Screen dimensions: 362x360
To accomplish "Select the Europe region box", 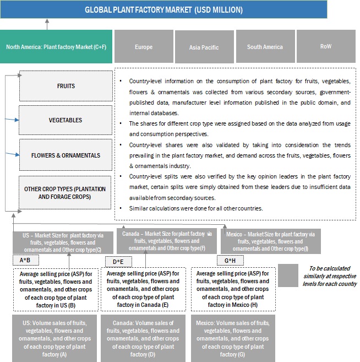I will pos(144,47).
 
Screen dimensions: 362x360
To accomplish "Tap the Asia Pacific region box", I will pos(203,47).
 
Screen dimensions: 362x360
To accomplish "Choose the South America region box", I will pos(265,47).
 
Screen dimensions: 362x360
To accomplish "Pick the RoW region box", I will pos(326,46).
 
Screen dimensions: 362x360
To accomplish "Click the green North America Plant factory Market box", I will pos(56,47).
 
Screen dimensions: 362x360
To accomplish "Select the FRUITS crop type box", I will pos(66,86).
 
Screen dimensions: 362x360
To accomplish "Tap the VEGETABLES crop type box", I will pos(66,120).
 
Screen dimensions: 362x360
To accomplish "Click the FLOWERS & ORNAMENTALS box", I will pos(66,155).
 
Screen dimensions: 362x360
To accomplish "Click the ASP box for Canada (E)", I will pos(143,289).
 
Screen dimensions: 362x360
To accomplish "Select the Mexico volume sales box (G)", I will pos(233,338).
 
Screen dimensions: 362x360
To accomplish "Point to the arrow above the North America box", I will pos(47,24).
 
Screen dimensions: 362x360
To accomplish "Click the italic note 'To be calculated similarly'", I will pos(330,275).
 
